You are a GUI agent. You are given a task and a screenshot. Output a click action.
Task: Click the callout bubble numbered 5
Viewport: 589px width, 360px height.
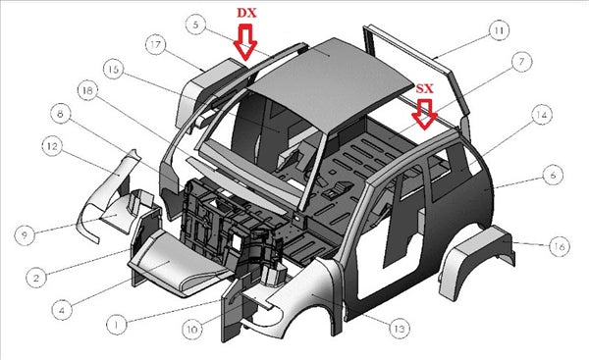tap(195, 25)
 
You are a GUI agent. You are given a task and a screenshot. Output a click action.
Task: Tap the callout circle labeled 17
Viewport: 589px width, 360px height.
tap(155, 45)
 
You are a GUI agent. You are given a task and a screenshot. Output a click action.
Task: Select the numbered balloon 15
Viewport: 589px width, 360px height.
tap(114, 69)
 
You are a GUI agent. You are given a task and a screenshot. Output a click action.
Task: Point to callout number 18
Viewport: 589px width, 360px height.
tap(87, 90)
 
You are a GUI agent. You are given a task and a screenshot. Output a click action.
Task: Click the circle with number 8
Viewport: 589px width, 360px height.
tap(60, 114)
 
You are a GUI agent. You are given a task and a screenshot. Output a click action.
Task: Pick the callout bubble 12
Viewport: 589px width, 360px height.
tap(52, 147)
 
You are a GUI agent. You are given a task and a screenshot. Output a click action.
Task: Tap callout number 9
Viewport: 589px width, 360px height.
tap(25, 235)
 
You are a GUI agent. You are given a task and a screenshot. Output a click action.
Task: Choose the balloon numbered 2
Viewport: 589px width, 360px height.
tap(36, 278)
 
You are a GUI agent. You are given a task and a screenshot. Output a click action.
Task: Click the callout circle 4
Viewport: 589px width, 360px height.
tap(62, 310)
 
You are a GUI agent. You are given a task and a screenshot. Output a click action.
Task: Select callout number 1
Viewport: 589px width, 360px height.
tap(117, 325)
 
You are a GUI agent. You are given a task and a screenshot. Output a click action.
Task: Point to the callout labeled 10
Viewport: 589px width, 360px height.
tap(192, 330)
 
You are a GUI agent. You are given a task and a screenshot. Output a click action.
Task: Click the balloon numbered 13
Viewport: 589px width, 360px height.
tap(399, 329)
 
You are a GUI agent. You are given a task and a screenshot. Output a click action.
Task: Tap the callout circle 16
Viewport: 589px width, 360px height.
tap(560, 246)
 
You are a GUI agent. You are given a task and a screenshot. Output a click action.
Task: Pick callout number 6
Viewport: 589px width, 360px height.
tap(553, 175)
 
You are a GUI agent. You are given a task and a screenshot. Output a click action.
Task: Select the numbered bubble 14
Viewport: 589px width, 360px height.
tap(542, 115)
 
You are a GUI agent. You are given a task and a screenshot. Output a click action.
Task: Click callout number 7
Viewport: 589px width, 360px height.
tap(521, 61)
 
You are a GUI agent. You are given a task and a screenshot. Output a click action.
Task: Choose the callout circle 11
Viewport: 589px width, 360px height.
tap(499, 30)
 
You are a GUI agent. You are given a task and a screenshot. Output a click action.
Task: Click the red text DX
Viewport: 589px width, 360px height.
tap(246, 13)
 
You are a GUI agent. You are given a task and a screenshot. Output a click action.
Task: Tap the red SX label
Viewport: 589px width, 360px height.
tap(424, 88)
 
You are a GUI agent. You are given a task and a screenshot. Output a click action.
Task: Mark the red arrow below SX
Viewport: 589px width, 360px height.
tap(424, 114)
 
